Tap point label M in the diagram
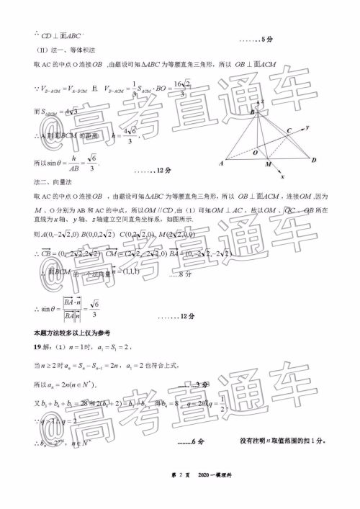pos(268,165)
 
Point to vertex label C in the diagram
pos(288,131)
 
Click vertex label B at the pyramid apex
pos(252,113)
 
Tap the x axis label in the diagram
pos(284,176)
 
